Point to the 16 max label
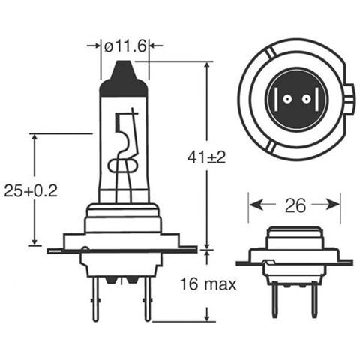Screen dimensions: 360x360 pos(209,284)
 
